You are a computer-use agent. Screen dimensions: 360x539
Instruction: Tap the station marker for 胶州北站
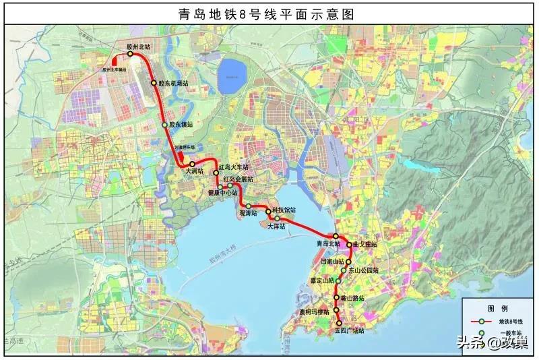point(130,54)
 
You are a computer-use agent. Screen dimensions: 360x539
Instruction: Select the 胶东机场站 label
point(173,84)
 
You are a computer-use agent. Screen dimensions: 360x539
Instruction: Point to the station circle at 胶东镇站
point(165,125)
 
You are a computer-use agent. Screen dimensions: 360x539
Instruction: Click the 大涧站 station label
point(193,171)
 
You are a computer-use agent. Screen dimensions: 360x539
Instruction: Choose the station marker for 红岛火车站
point(216,173)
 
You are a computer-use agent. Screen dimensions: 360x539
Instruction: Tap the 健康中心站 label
point(222,193)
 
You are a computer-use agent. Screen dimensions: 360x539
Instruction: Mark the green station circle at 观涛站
point(248,206)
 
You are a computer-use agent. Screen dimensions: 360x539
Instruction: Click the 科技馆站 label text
point(284,210)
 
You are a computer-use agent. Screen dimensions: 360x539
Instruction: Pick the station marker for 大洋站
point(276,218)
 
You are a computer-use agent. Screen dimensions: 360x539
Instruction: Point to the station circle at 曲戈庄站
point(350,245)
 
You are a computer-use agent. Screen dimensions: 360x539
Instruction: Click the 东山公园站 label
point(363,270)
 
